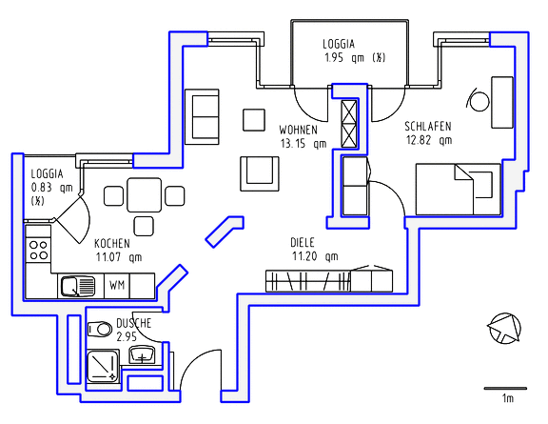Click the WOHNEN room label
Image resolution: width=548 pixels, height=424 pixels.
click(301, 129)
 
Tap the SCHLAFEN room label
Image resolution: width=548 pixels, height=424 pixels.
click(427, 126)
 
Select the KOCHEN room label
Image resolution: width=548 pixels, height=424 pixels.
click(112, 243)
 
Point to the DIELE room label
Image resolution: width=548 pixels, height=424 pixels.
click(303, 242)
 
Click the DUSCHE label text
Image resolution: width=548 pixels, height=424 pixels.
click(134, 324)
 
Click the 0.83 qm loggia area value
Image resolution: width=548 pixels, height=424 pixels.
click(51, 188)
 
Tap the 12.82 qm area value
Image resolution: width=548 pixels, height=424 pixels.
click(428, 140)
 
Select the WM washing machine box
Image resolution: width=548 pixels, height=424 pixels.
click(117, 285)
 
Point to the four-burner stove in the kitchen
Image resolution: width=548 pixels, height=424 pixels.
click(39, 251)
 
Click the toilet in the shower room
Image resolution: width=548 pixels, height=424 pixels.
click(100, 330)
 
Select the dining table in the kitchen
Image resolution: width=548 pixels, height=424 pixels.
click(144, 195)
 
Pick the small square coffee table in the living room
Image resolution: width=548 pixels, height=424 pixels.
click(253, 119)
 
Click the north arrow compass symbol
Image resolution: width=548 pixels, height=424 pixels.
click(503, 329)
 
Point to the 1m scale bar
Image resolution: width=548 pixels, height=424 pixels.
click(500, 389)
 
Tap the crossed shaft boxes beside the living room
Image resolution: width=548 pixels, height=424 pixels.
click(348, 122)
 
